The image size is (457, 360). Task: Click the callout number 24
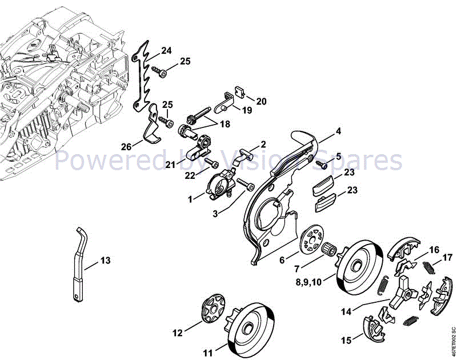coord(166,51)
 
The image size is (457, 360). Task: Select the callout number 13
coord(105,261)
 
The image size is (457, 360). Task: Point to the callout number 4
coord(339,131)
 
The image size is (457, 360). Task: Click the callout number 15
coord(346,341)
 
